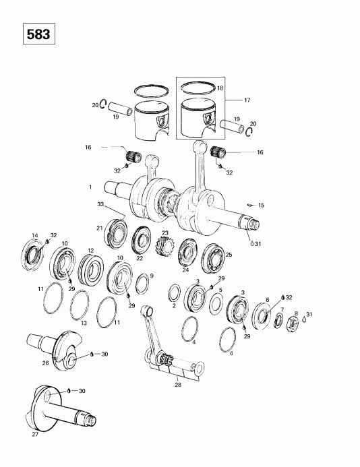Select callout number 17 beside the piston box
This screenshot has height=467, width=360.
pyautogui.click(x=247, y=100)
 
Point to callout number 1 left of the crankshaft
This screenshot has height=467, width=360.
pyautogui.click(x=89, y=186)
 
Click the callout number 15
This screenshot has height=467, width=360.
pyautogui.click(x=261, y=205)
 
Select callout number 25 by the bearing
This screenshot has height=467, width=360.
pyautogui.click(x=228, y=255)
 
